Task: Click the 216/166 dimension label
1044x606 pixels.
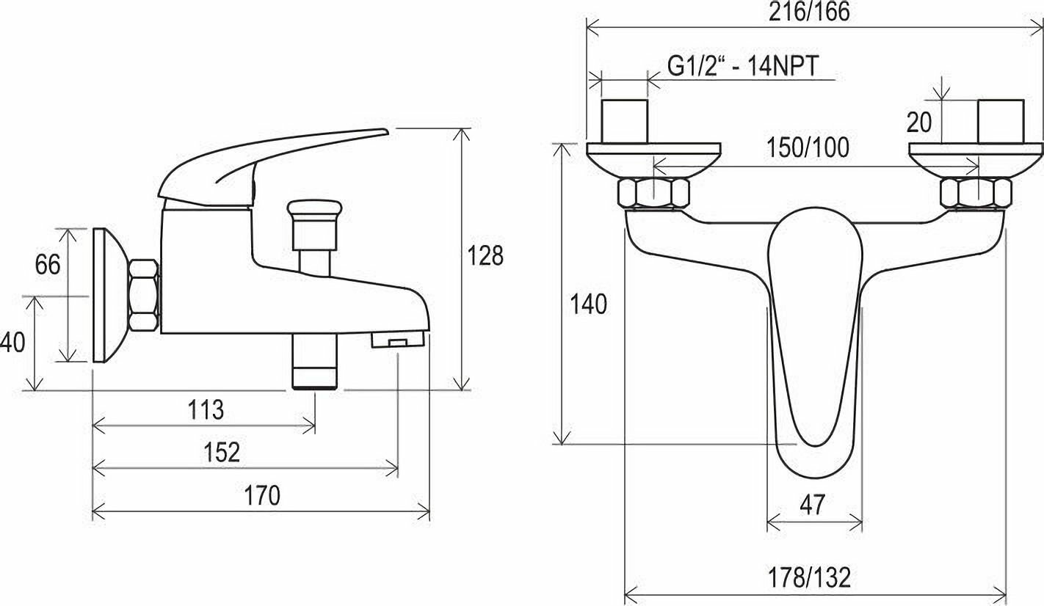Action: click(809, 12)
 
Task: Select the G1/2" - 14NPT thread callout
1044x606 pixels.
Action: click(743, 66)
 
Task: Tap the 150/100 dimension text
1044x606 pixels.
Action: click(808, 147)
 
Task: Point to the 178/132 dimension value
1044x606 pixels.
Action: click(809, 577)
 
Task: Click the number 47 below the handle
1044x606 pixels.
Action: click(812, 505)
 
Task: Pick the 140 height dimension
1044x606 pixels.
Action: click(589, 304)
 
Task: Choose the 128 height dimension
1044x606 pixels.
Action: click(485, 255)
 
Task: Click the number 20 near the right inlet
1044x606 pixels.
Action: click(919, 123)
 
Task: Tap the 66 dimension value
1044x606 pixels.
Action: click(48, 265)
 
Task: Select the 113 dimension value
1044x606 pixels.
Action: click(206, 410)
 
